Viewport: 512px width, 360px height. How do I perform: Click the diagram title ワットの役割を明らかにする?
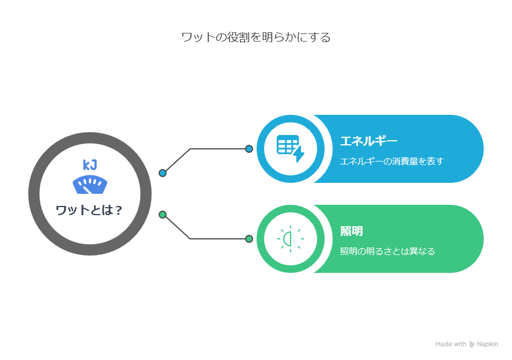tap(255, 37)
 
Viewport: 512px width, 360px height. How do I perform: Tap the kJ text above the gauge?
tap(90, 165)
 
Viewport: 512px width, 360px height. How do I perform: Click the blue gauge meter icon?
tap(90, 185)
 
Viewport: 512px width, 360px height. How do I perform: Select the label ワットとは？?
tap(89, 210)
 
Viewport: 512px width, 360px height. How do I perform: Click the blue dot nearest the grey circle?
tap(163, 173)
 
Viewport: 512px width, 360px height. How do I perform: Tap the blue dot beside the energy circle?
tap(249, 149)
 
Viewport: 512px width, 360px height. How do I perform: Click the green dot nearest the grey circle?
tap(163, 215)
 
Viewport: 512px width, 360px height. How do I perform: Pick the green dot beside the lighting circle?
tap(249, 239)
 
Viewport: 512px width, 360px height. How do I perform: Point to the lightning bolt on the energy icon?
tap(299, 154)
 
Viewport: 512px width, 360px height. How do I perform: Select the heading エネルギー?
tap(368, 141)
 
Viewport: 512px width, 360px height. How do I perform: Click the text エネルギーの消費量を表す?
tap(392, 162)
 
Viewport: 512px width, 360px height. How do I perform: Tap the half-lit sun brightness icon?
tap(290, 239)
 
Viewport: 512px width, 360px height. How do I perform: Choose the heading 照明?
tap(351, 231)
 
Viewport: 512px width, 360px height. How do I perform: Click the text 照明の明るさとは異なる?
tap(387, 251)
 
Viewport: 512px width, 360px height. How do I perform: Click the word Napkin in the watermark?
tap(488, 344)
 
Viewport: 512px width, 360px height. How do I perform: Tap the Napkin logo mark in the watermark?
tap(472, 344)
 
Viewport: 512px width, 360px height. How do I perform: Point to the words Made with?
tap(451, 344)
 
